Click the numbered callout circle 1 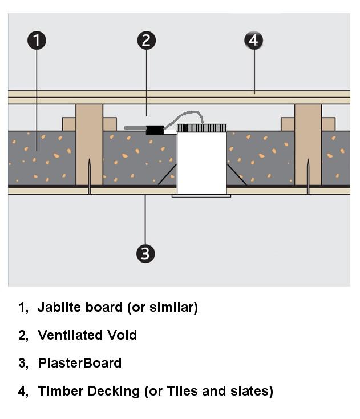click(x=37, y=41)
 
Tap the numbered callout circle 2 click(x=147, y=41)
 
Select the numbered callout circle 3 click(x=145, y=253)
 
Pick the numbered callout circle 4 click(x=254, y=41)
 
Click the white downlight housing click(x=201, y=163)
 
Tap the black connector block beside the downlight click(x=154, y=130)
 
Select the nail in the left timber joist click(x=90, y=177)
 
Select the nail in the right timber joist click(x=308, y=177)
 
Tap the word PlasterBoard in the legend click(x=80, y=363)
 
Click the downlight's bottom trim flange click(x=201, y=196)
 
